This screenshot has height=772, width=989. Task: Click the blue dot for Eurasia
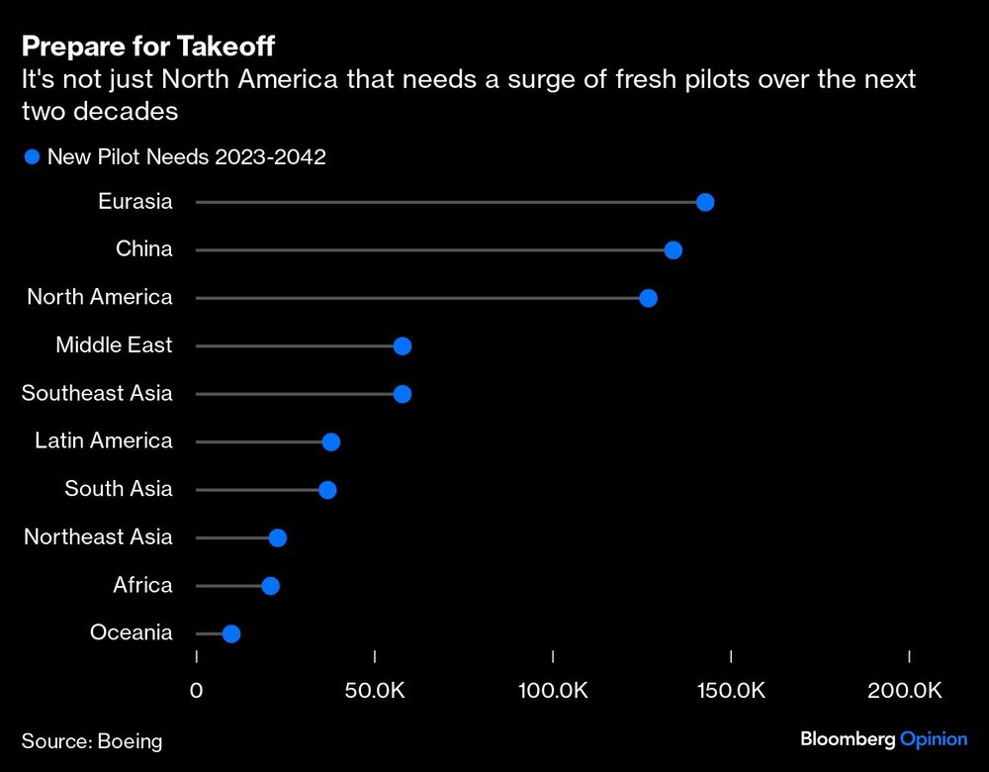pyautogui.click(x=705, y=202)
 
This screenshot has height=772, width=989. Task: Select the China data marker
pyautogui.click(x=674, y=250)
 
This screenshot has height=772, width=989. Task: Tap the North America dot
pyautogui.click(x=649, y=298)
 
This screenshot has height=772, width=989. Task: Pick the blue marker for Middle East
pyautogui.click(x=403, y=345)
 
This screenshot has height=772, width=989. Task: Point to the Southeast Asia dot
pyautogui.click(x=403, y=394)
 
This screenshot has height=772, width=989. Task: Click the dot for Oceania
pyautogui.click(x=231, y=633)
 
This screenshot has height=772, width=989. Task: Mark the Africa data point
pyautogui.click(x=271, y=586)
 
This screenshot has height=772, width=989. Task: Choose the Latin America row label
pyautogui.click(x=104, y=440)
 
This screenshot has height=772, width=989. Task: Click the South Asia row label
pyautogui.click(x=119, y=489)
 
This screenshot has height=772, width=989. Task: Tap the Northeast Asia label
pyautogui.click(x=98, y=536)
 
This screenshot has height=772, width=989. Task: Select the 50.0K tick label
pyautogui.click(x=375, y=690)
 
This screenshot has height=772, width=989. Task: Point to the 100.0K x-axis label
pyautogui.click(x=553, y=690)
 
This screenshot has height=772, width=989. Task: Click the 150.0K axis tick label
pyautogui.click(x=731, y=690)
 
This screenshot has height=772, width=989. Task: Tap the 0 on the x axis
pyautogui.click(x=196, y=690)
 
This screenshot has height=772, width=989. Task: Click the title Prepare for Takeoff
pyautogui.click(x=148, y=47)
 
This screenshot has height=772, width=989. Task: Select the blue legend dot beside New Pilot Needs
pyautogui.click(x=32, y=157)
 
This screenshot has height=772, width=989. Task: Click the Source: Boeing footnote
pyautogui.click(x=92, y=740)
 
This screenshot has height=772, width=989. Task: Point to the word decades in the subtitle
pyautogui.click(x=128, y=111)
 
